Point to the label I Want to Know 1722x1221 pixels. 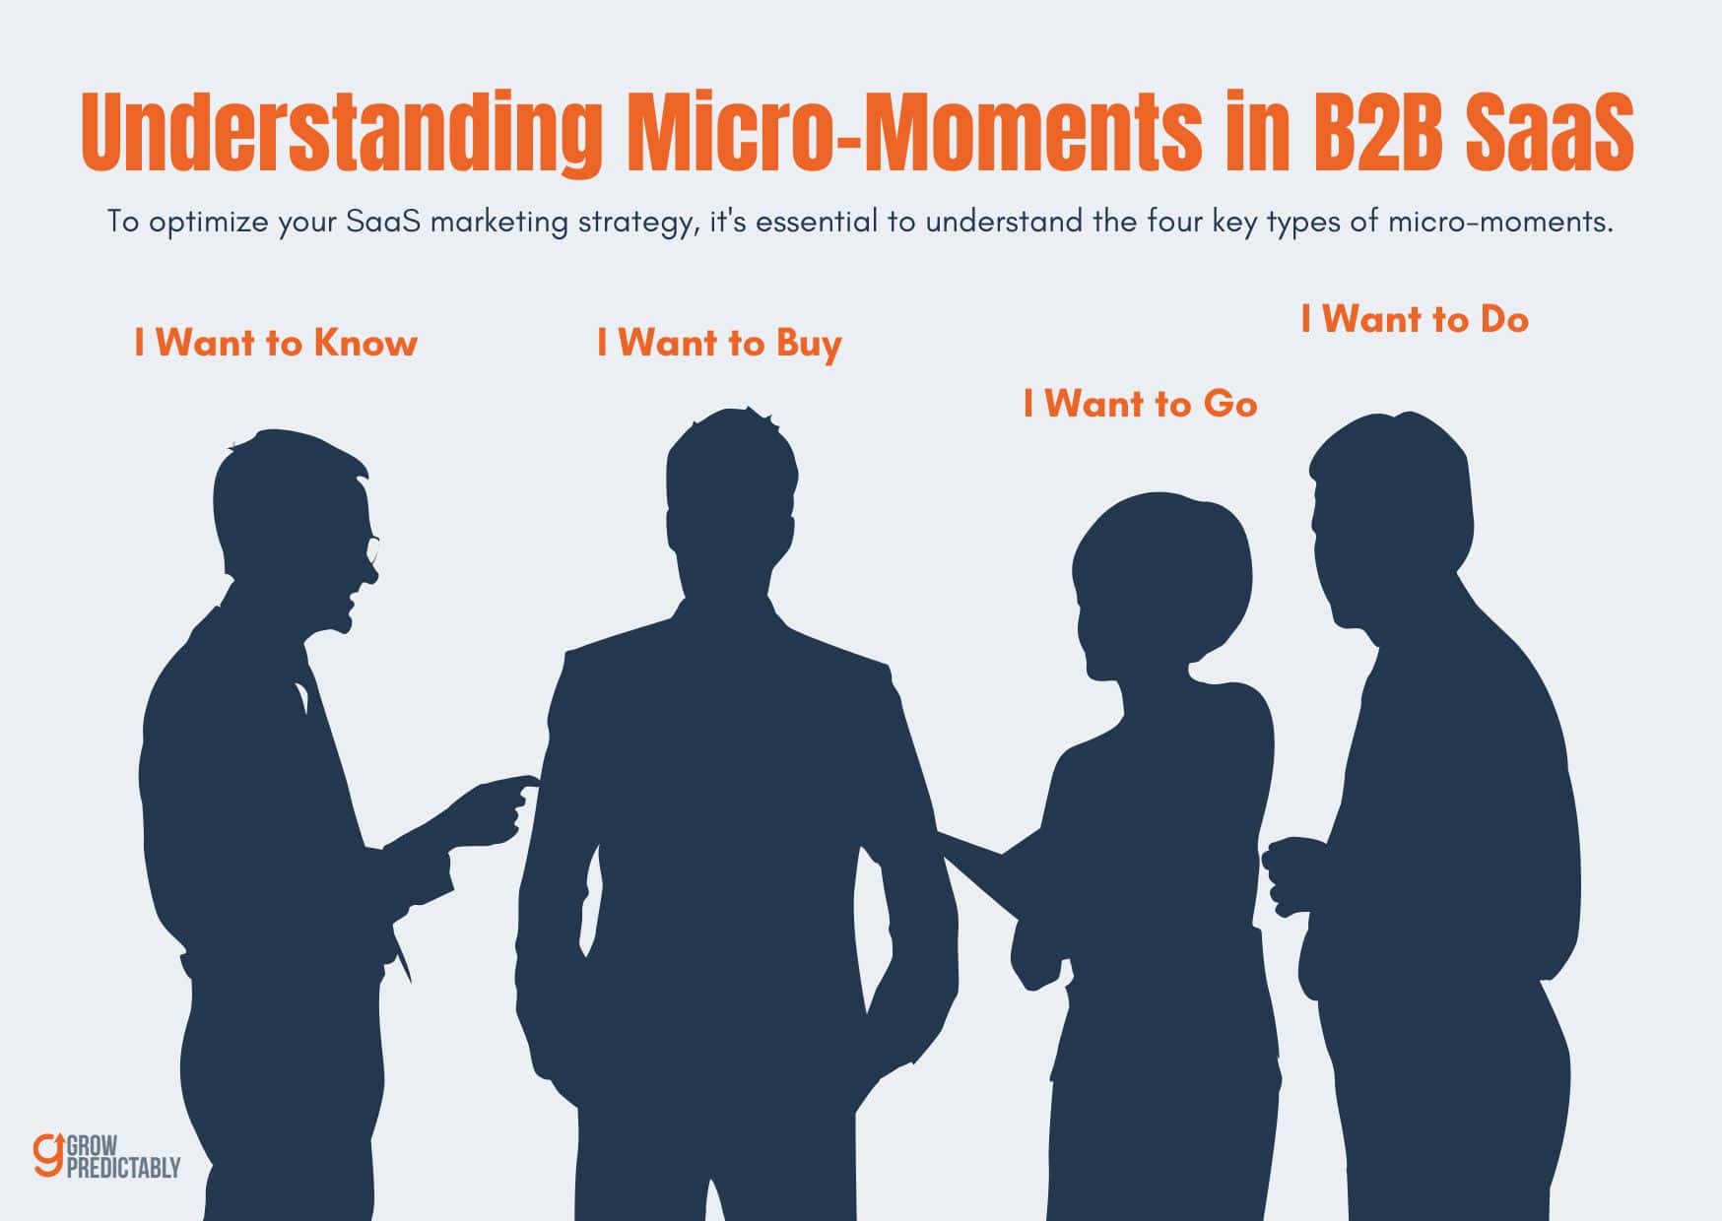pos(276,343)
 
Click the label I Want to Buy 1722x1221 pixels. pos(719,343)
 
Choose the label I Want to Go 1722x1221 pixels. pos(1140,404)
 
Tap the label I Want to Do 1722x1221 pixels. pos(1414,319)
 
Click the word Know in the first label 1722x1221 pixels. pos(365,343)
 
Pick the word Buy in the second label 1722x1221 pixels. pos(809,344)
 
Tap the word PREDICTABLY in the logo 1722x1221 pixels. pos(123,1167)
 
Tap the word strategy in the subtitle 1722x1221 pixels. pos(638,222)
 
